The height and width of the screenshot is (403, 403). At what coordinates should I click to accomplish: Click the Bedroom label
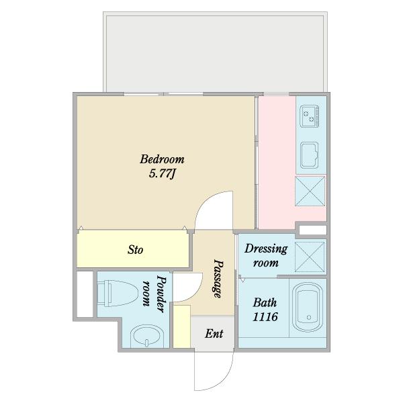pyautogui.click(x=162, y=159)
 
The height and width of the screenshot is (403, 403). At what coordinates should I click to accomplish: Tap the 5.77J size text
pyautogui.click(x=162, y=174)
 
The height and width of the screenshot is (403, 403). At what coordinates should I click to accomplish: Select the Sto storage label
pyautogui.click(x=135, y=250)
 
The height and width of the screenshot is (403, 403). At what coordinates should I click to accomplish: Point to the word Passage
pyautogui.click(x=218, y=279)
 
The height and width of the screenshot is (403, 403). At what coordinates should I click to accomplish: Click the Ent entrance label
pyautogui.click(x=214, y=334)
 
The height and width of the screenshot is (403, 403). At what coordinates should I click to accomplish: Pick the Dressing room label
pyautogui.click(x=266, y=256)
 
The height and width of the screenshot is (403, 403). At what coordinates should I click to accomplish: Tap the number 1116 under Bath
pyautogui.click(x=265, y=317)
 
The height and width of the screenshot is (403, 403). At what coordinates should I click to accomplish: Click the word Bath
pyautogui.click(x=265, y=302)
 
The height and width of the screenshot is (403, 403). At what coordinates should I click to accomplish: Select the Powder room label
pyautogui.click(x=154, y=294)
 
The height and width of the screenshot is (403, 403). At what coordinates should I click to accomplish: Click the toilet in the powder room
pyautogui.click(x=118, y=294)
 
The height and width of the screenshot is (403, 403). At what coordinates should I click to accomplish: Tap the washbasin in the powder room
pyautogui.click(x=146, y=337)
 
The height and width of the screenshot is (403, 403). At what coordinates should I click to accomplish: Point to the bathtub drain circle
pyautogui.click(x=309, y=318)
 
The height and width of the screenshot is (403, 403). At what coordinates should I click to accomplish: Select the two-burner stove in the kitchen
pyautogui.click(x=310, y=116)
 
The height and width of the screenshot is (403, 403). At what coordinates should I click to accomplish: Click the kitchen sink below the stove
pyautogui.click(x=310, y=154)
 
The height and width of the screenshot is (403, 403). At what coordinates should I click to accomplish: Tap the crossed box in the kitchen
pyautogui.click(x=310, y=191)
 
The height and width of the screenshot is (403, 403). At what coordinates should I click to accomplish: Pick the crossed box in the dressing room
pyautogui.click(x=310, y=257)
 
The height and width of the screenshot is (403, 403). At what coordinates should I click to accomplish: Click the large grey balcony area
pyautogui.click(x=215, y=52)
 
